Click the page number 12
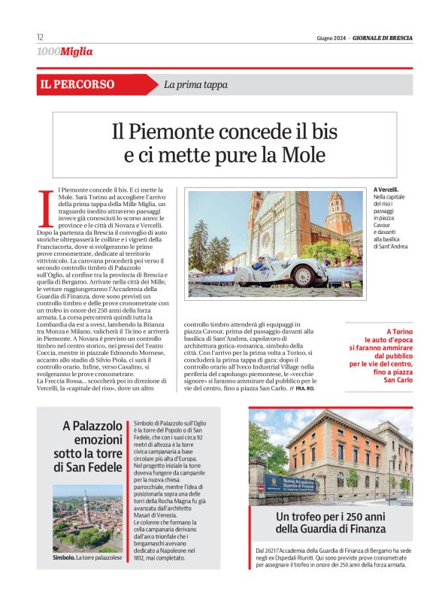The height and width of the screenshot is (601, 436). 40,37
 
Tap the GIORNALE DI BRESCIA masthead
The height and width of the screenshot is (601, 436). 382,38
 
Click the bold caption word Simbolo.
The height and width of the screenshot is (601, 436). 63,557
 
